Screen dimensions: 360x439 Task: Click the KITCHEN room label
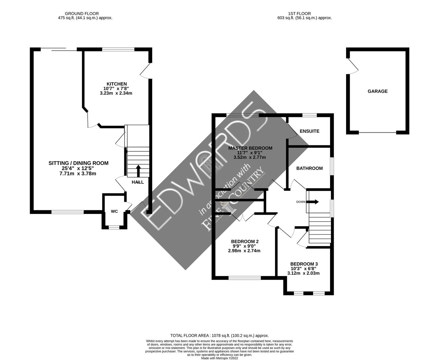click(116, 84)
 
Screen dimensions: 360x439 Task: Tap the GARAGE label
click(377, 91)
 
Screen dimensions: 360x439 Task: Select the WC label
click(114, 211)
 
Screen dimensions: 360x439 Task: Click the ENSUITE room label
click(309, 131)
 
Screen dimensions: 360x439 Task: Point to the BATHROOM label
click(309, 168)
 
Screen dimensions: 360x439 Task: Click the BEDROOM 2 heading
click(245, 242)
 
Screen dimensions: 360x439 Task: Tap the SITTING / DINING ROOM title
click(78, 163)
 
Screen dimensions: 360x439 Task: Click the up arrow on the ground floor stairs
click(138, 171)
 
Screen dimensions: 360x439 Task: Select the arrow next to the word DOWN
click(313, 202)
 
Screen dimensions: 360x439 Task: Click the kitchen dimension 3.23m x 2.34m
click(116, 93)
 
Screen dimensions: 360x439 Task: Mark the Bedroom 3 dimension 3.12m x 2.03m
click(303, 273)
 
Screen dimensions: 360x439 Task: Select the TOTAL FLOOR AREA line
click(219, 336)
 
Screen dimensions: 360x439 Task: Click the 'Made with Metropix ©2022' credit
click(219, 358)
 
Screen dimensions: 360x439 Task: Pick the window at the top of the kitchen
click(118, 49)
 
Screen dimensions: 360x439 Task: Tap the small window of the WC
click(114, 227)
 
